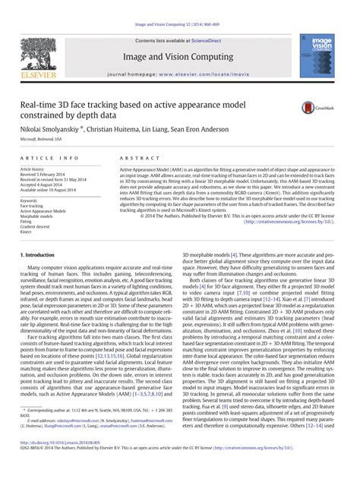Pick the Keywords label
tap(30, 200)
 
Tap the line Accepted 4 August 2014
tap(42, 184)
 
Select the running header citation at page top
tap(180, 25)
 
